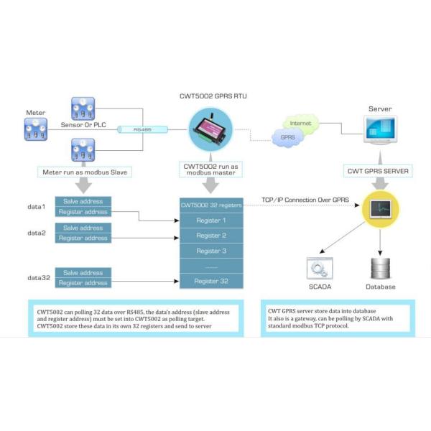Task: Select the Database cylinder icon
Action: click(380, 268)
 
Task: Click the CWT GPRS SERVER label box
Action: click(379, 172)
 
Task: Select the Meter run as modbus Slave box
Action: click(85, 172)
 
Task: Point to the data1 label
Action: click(37, 207)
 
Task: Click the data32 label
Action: click(39, 277)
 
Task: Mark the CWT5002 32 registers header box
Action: click(210, 205)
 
